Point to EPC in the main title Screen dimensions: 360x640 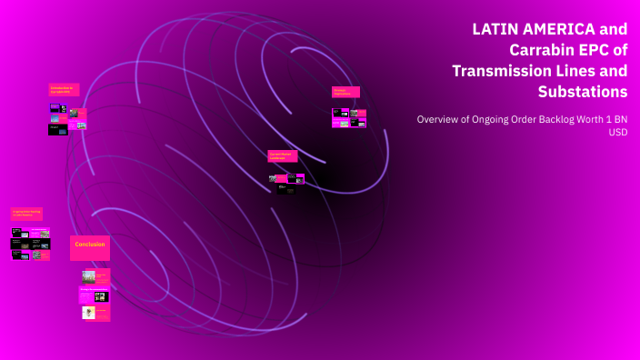tap(595, 50)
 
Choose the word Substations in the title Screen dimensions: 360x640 tap(582, 92)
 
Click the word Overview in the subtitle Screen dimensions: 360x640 tap(439, 119)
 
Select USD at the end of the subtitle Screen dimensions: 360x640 tap(617, 132)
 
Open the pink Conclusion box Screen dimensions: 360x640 tap(89, 246)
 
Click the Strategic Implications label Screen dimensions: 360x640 tap(345, 92)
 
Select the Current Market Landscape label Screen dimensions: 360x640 tap(282, 155)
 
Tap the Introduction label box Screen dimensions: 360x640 tap(64, 89)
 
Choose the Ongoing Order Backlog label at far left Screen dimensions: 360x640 tap(26, 214)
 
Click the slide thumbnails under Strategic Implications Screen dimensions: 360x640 tap(349, 117)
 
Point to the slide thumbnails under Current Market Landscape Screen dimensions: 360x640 tap(286, 183)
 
